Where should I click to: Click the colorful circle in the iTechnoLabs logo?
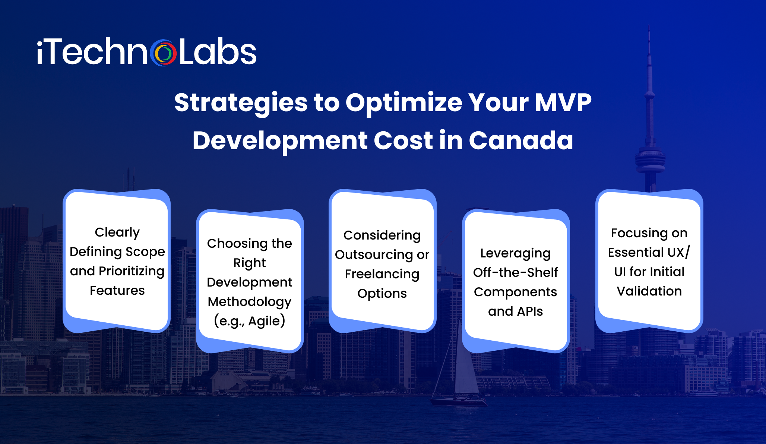point(163,53)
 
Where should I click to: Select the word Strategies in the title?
point(241,103)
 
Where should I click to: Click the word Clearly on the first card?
point(117,232)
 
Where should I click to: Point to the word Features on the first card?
point(117,290)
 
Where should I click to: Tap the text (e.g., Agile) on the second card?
point(249,321)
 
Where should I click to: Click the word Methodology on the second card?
point(249,301)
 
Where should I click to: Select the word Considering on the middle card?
point(382,235)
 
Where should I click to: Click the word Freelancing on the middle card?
point(382,274)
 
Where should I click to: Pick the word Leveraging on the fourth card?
point(515,253)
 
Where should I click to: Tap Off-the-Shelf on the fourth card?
point(515,273)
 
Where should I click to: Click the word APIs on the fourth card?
point(529,311)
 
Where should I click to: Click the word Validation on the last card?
point(649,291)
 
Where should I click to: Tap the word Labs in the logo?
point(218,52)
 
